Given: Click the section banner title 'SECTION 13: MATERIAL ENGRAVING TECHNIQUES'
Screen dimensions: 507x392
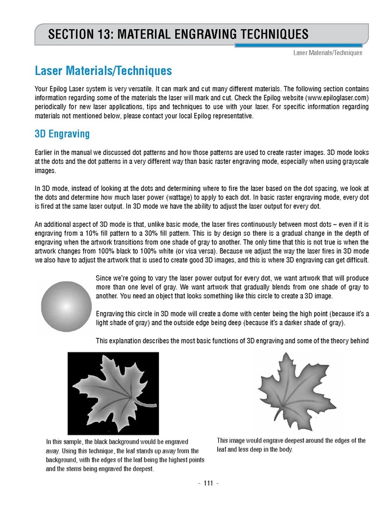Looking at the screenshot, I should (178, 34).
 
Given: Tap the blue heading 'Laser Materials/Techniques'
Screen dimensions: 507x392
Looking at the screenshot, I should (103, 72).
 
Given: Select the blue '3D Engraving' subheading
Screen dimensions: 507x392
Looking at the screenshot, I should (62, 135).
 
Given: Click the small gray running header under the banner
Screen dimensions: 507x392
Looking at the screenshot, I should (327, 53).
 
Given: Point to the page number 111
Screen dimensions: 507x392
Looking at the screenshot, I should (200, 483).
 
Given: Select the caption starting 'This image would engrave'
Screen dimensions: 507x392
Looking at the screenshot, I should (290, 445).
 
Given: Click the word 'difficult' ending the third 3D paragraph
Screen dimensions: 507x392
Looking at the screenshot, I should (355, 260).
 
